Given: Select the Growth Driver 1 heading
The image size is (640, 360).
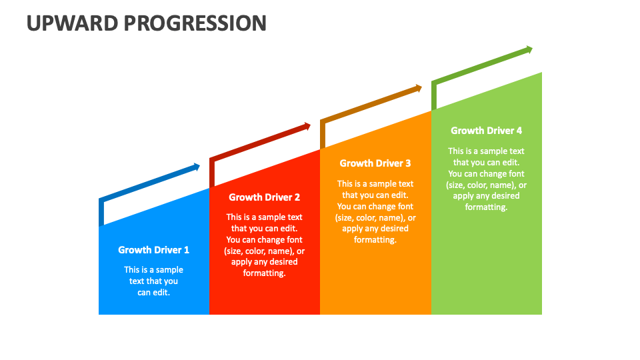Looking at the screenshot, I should (154, 250).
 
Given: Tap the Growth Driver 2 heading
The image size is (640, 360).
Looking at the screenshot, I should (265, 197).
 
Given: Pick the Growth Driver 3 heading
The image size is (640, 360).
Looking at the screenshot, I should (375, 163).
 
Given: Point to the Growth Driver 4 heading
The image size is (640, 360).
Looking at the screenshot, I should (486, 131).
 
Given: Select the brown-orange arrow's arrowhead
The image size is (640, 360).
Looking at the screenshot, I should (419, 87).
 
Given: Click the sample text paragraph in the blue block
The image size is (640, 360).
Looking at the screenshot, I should (154, 281).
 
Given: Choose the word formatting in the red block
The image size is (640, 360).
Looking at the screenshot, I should (265, 273).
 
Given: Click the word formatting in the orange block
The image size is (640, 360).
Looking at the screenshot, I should (375, 240).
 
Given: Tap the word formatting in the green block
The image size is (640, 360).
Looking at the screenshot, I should (486, 207).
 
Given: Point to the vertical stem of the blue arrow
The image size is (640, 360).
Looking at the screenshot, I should (101, 213).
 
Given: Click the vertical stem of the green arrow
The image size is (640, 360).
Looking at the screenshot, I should (434, 95).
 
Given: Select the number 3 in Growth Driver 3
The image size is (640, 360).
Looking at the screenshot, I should (408, 163).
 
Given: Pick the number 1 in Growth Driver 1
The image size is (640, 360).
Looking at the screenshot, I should (187, 250).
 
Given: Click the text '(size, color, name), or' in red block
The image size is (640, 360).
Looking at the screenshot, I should (265, 251).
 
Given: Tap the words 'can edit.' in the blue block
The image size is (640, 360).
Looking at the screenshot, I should (154, 292).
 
